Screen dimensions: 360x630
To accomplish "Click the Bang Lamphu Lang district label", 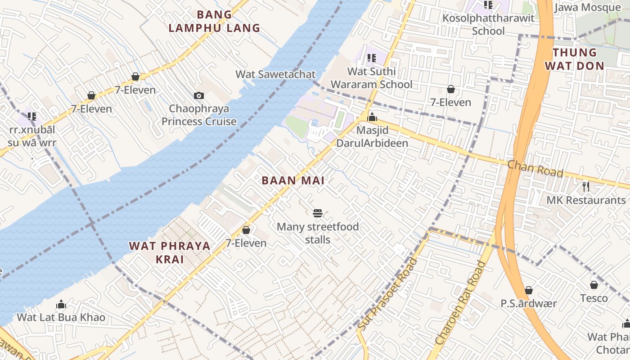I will (214, 21).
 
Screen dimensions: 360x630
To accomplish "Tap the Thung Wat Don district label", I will (574, 59).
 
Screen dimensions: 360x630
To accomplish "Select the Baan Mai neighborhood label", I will (293, 180).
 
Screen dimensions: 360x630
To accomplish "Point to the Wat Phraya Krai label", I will (170, 252).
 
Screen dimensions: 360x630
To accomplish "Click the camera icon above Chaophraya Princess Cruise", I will (198, 95).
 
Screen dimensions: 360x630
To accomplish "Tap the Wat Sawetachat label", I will (275, 74).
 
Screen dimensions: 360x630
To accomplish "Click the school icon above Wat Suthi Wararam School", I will (371, 58).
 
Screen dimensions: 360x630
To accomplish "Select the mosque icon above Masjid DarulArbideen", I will (372, 117).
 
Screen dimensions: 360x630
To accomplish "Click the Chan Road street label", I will (535, 169).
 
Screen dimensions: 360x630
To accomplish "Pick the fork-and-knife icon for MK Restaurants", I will (586, 186).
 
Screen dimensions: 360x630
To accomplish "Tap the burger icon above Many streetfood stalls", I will (318, 213).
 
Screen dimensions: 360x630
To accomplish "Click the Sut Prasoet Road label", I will (388, 293).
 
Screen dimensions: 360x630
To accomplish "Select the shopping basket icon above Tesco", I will (594, 285).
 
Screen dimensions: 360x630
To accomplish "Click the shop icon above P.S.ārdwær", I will (529, 290).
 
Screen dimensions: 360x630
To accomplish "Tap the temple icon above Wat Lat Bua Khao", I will (61, 305).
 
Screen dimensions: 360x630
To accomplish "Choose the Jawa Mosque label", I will (587, 8).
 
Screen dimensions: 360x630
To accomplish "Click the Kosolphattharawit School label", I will (488, 24).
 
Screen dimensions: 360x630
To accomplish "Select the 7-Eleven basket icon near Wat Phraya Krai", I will (246, 230).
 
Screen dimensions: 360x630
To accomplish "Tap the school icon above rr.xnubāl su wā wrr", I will (32, 117).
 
